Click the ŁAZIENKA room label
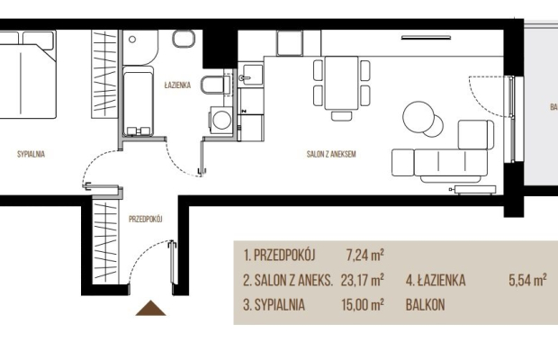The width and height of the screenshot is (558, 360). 177,85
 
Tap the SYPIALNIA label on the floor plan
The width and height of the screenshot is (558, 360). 31,154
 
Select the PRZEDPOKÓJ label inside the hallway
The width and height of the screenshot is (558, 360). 146,219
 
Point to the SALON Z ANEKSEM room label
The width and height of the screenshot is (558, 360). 331,154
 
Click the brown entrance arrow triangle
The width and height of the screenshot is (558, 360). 151,309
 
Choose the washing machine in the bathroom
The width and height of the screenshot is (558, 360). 221,121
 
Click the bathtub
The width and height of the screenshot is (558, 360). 138,101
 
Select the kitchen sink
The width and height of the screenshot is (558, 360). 250,76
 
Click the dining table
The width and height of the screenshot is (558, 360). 341,83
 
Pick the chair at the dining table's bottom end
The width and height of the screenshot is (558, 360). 342,116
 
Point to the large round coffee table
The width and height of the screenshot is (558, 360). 418,117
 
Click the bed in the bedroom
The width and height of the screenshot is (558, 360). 27,75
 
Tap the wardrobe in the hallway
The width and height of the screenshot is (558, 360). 105,242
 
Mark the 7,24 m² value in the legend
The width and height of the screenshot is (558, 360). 364,256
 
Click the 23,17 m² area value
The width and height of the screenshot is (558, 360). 363,280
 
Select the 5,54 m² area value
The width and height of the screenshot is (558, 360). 527,280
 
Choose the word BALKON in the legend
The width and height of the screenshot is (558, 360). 426,305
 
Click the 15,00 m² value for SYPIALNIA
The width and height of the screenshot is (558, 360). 363,305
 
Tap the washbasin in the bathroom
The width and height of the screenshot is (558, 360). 184,39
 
